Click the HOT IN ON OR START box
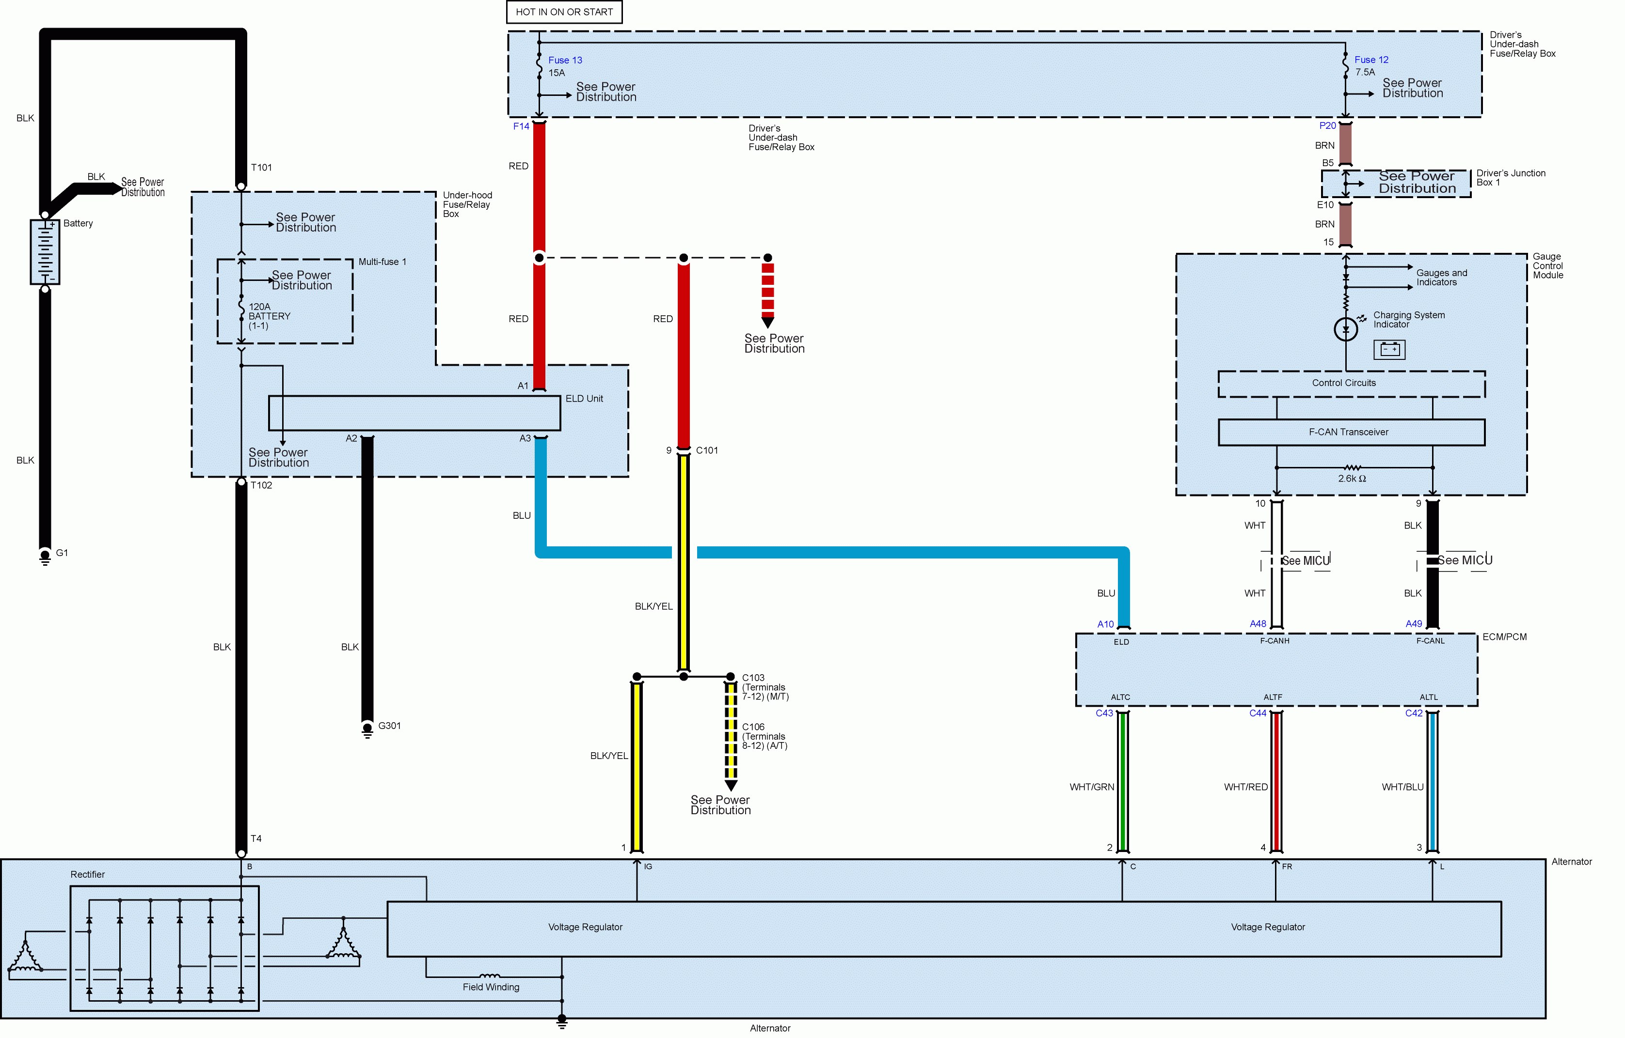(564, 12)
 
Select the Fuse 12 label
(1371, 60)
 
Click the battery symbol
(45, 251)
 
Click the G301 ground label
(389, 726)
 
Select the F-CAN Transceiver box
(1351, 433)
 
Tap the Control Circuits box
(1351, 384)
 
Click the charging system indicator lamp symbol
(1346, 330)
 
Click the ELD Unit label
(584, 399)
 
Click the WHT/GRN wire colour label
(1091, 787)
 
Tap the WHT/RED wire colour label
(1246, 787)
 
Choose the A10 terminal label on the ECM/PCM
(1105, 624)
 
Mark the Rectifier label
(88, 874)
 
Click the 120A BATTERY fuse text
(269, 316)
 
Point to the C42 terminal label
(1414, 713)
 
